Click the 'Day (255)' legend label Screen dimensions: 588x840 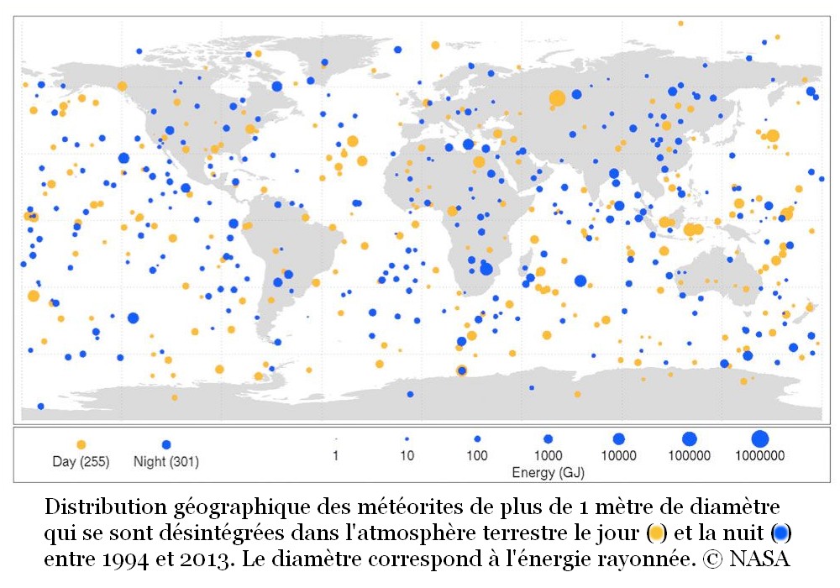pos(81,461)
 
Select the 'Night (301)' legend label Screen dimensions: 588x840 pos(166,461)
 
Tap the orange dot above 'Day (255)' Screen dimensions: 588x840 pos(81,444)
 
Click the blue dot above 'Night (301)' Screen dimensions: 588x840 pos(166,444)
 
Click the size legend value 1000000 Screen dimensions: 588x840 pos(759,456)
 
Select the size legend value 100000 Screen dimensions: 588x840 pos(690,456)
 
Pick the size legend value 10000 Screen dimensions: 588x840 pos(618,456)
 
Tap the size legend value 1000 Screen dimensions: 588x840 pos(548,456)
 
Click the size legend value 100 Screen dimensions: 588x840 pos(477,456)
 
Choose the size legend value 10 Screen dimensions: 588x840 pos(407,456)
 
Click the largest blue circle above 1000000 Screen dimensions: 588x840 pos(759,438)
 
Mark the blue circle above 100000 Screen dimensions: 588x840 pos(690,438)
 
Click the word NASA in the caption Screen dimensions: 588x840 pos(759,557)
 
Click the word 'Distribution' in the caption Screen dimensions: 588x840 pos(94,508)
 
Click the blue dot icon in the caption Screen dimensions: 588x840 pos(781,533)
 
